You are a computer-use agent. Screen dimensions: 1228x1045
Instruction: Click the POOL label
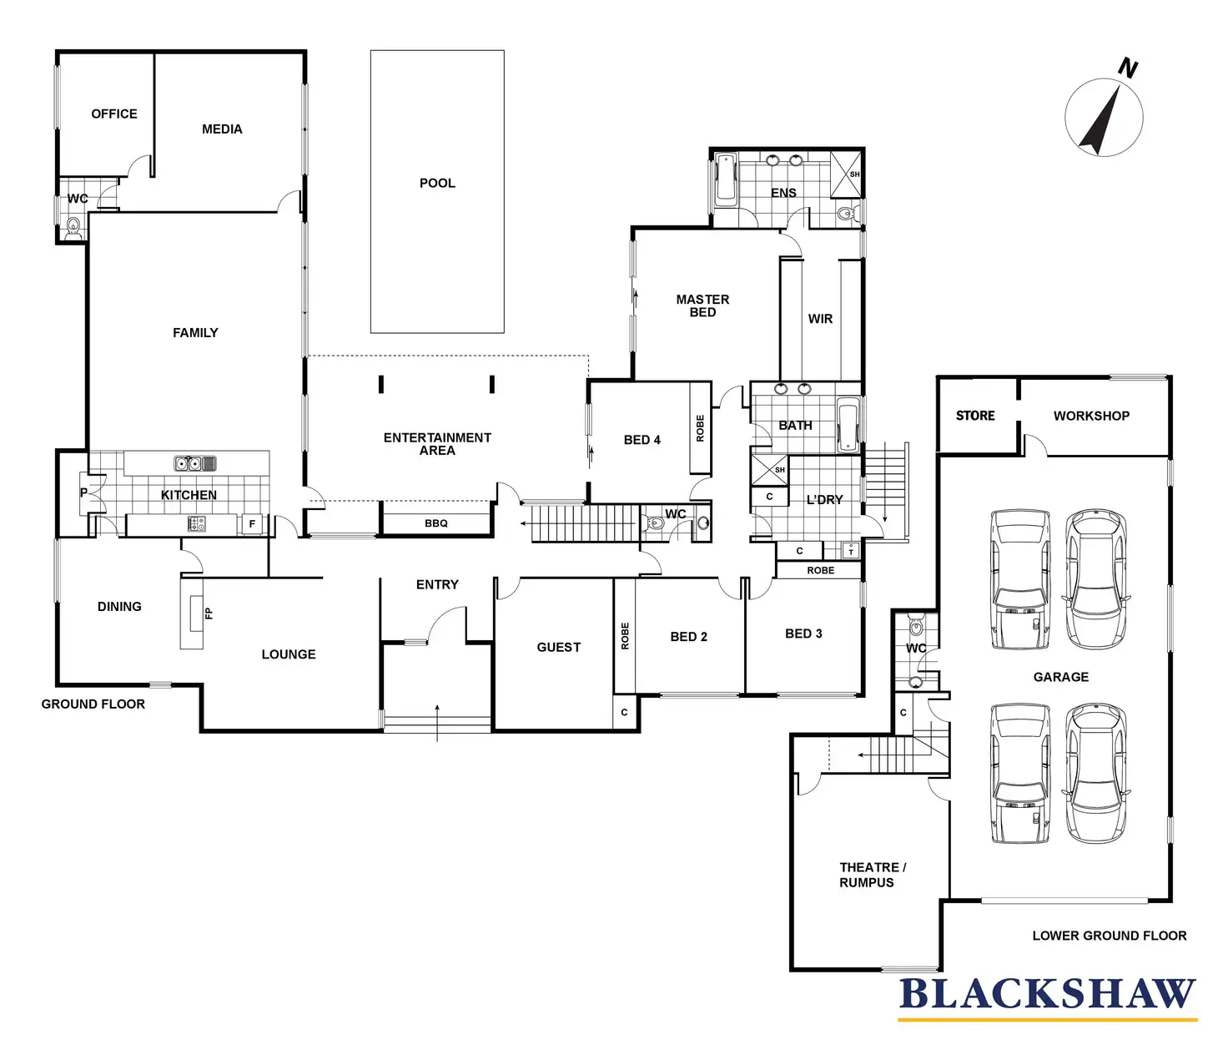point(437,183)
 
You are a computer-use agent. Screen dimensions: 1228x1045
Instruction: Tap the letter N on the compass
point(1128,68)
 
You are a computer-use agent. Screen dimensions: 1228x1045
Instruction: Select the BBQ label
point(436,523)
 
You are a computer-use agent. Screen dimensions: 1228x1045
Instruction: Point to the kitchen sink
point(195,463)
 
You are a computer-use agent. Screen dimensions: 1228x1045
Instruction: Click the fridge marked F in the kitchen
point(252,523)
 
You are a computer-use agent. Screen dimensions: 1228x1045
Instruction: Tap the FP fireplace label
point(209,613)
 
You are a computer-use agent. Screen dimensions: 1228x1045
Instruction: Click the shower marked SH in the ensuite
point(845,174)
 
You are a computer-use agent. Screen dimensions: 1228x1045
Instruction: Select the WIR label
point(820,319)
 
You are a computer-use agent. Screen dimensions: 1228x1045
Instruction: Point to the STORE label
point(975,416)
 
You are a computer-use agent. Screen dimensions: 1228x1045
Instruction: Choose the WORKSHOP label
point(1091,416)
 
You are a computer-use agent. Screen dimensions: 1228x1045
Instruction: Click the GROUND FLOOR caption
point(93,704)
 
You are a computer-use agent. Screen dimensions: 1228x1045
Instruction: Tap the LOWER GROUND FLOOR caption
point(1110,936)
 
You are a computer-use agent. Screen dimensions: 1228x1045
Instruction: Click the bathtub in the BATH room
point(848,426)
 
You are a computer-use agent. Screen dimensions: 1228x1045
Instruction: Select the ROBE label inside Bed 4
point(700,428)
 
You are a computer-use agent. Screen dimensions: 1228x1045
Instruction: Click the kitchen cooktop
point(197,523)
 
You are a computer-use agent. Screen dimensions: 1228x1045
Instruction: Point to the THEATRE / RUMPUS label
point(872,875)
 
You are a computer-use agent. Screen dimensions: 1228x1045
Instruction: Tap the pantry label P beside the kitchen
point(83,492)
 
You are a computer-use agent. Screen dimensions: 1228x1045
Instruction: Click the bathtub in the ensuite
point(726,179)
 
